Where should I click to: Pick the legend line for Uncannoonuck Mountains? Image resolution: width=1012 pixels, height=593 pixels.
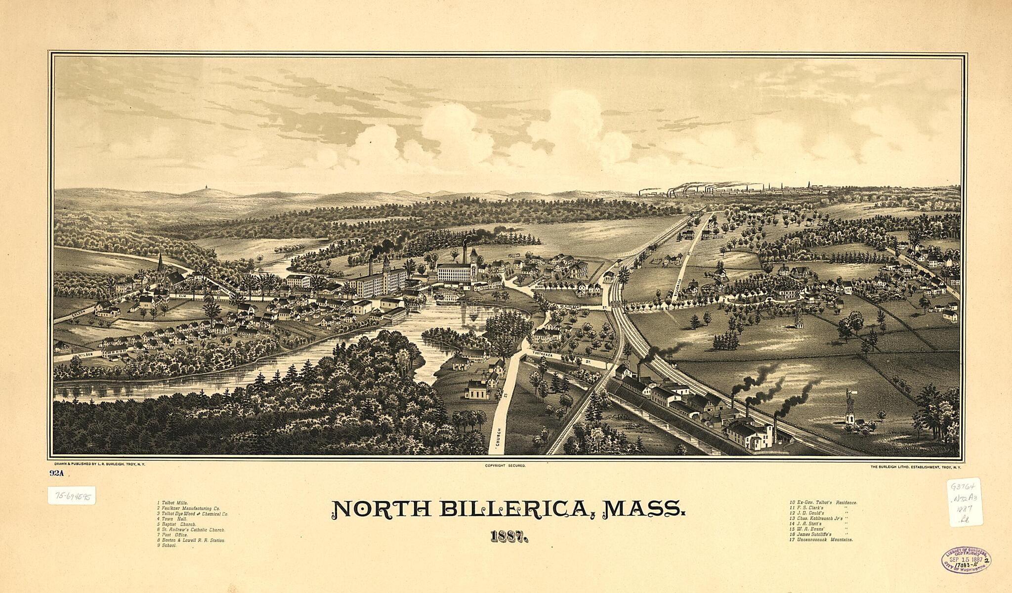(821, 540)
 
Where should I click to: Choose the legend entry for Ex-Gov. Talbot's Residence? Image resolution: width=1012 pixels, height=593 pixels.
(823, 503)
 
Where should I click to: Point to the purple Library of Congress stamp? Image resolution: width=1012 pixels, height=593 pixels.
(966, 560)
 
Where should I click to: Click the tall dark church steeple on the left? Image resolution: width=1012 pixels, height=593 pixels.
(160, 264)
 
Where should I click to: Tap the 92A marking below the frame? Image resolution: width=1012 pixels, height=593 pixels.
(57, 473)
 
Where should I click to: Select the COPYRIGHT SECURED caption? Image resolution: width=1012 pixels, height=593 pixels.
(505, 466)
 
